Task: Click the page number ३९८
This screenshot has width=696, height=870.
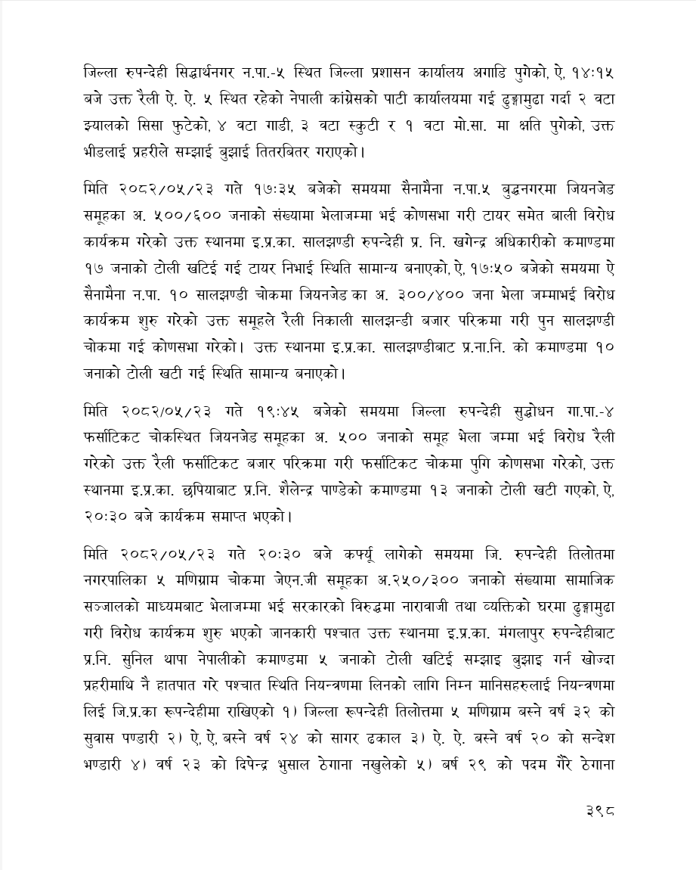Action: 600,810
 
